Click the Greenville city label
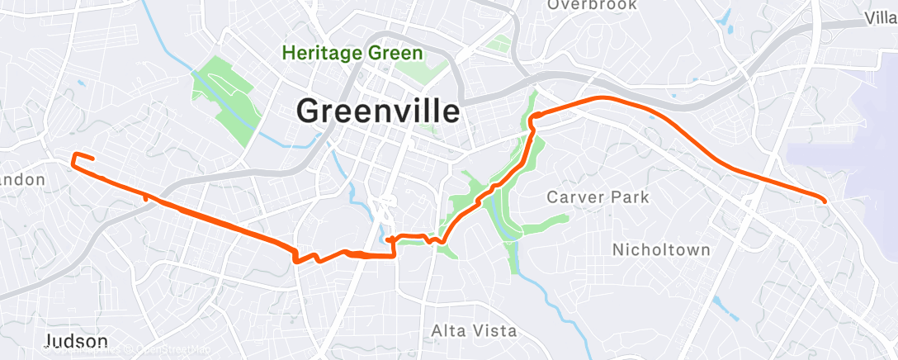coord(377,111)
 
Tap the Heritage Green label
coord(352,54)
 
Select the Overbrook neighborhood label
coord(592,5)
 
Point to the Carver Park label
coord(598,197)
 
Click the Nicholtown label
coord(661,249)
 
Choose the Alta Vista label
coord(474,331)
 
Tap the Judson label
coord(76,342)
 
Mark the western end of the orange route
coord(92,159)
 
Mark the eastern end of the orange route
coord(825,200)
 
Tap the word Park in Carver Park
coord(630,197)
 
